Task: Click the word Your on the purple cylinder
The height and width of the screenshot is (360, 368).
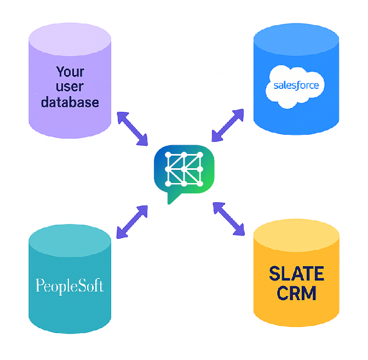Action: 70,72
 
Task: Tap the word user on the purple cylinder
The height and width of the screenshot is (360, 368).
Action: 70,87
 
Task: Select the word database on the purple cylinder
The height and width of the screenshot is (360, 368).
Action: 70,102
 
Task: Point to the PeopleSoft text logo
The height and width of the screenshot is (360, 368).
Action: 69,285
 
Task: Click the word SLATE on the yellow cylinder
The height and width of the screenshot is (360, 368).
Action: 296,273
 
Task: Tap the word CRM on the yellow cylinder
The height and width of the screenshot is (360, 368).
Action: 296,293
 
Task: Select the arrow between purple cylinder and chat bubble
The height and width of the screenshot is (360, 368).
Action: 132,129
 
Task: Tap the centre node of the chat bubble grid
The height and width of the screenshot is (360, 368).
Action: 184,168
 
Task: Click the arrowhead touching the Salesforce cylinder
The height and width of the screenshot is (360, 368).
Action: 239,113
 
